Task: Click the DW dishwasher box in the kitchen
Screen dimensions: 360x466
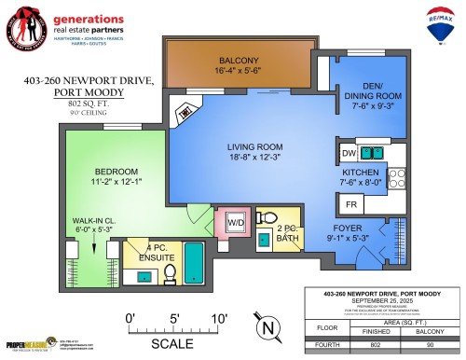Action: (x=349, y=152)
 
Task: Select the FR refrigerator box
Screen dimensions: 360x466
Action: (x=352, y=203)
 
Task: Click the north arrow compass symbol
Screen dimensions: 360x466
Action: (x=267, y=327)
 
